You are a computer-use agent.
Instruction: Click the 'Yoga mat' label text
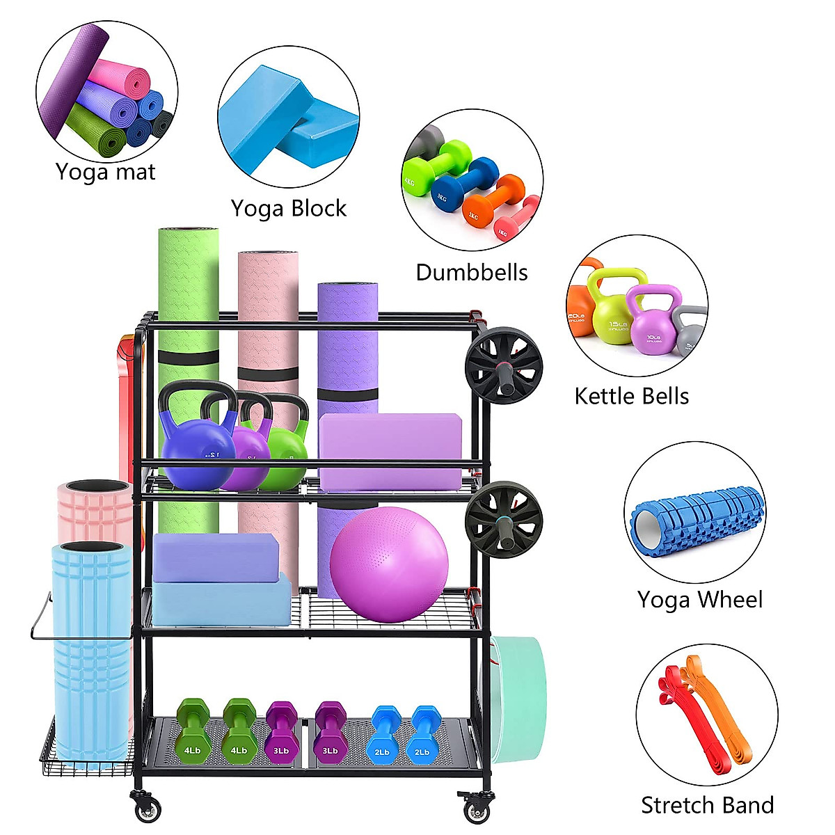(106, 172)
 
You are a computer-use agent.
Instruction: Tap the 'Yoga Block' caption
(289, 208)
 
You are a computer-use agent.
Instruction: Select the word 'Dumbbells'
(472, 272)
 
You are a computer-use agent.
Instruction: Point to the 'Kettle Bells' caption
(632, 397)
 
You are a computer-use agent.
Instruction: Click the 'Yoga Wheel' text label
(700, 600)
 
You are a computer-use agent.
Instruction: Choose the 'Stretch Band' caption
(707, 805)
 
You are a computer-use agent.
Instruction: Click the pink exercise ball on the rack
(389, 564)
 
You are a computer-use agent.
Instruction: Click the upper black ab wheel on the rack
(504, 365)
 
